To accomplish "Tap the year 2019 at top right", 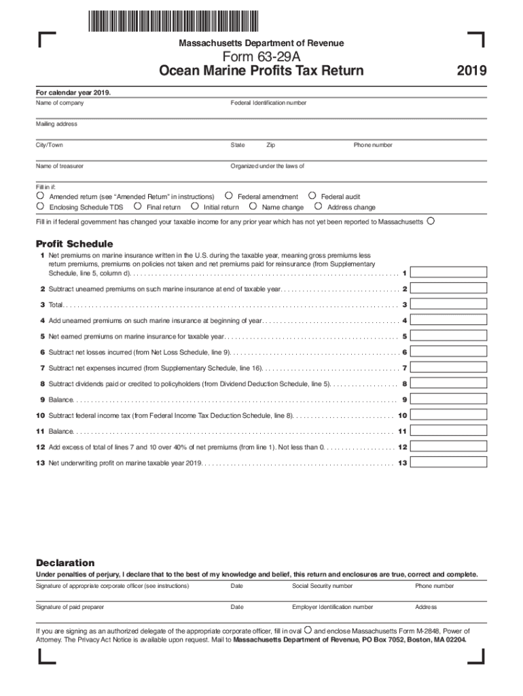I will tap(471, 71).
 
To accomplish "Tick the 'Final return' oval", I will tap(137, 207).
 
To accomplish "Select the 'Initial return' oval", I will tap(194, 207).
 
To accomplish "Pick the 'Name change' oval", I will tap(253, 207).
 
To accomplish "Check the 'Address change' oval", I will tap(318, 207).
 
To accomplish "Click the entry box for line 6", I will tap(450, 352).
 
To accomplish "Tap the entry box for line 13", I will tap(450, 463).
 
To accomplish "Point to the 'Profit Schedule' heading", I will tap(74, 244).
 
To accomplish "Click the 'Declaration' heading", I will tap(65, 563).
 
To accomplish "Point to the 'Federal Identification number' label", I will tap(268, 103).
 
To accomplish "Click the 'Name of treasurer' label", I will tap(60, 166).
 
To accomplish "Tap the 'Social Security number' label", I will tap(322, 586).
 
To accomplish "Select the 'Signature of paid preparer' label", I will tap(70, 607).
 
